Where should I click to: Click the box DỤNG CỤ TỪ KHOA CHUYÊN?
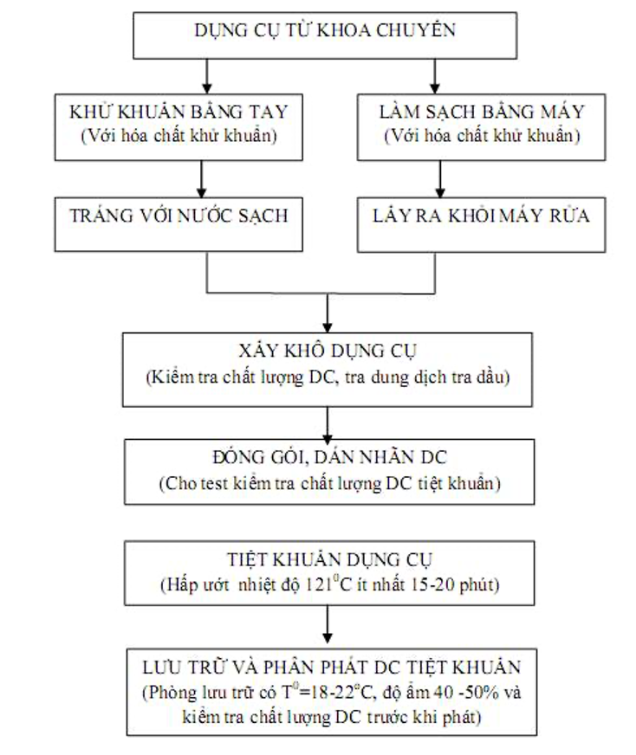coord(325,32)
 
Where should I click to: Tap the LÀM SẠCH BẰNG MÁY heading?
coord(483,113)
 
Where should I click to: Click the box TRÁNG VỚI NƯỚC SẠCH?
coord(178,216)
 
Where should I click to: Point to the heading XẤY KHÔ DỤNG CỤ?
coord(327,352)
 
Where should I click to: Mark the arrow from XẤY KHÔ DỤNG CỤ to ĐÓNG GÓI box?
coord(327,423)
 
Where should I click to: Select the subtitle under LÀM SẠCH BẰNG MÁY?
coord(482,136)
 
